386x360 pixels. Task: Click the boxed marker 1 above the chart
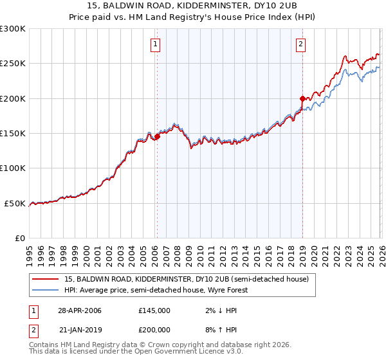(x=156, y=44)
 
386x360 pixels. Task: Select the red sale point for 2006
(x=157, y=137)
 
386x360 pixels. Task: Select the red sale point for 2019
(x=302, y=98)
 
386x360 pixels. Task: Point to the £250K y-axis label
(x=13, y=64)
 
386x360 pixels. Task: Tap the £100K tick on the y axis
(x=13, y=168)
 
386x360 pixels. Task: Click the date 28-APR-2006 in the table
(x=79, y=310)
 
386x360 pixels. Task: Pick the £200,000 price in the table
(x=154, y=330)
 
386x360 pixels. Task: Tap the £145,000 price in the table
(x=154, y=310)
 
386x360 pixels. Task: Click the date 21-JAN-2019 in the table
(x=79, y=330)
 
